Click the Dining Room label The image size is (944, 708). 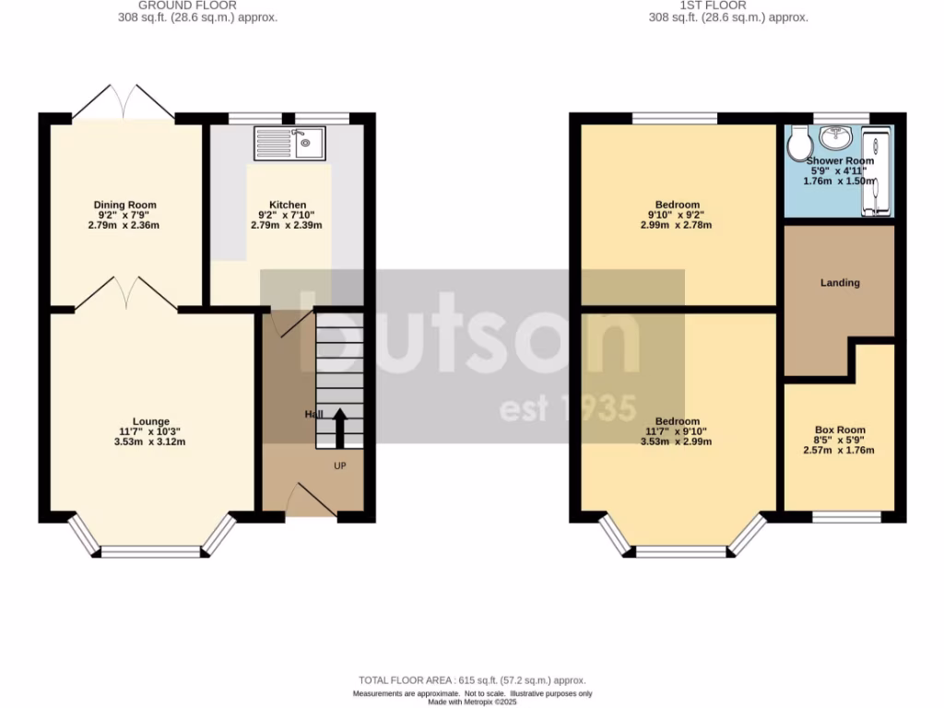(x=125, y=205)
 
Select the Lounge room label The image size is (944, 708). (x=149, y=421)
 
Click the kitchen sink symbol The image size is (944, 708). (x=287, y=143)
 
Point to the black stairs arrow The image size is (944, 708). (x=339, y=426)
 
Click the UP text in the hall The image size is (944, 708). (x=340, y=466)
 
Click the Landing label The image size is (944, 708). (x=840, y=283)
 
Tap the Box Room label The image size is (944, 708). (x=840, y=430)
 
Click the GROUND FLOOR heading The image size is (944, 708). (x=198, y=6)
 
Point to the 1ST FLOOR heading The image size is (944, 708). (x=728, y=6)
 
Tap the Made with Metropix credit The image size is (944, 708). (x=472, y=702)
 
